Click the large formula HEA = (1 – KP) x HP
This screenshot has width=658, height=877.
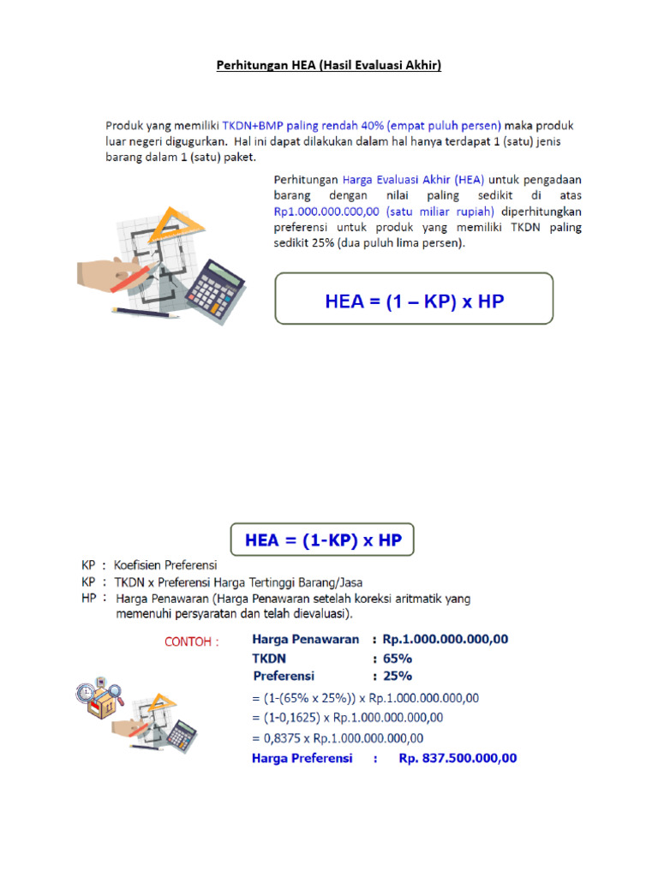click(414, 301)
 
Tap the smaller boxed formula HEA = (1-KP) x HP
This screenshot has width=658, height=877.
click(323, 540)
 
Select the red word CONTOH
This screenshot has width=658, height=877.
click(188, 641)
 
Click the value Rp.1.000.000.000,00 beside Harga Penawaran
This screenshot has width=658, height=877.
click(446, 639)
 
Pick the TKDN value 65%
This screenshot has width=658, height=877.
click(398, 659)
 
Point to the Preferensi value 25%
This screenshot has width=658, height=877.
click(398, 676)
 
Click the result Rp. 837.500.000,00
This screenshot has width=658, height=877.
click(458, 758)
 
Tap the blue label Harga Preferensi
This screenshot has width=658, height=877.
click(302, 758)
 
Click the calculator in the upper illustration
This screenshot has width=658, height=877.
click(215, 291)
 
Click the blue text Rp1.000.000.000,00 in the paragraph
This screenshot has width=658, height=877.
click(326, 212)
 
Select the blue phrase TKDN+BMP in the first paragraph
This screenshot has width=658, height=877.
click(253, 125)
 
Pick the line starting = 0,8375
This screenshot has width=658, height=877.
click(338, 738)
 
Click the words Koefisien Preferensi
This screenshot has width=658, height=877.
click(165, 565)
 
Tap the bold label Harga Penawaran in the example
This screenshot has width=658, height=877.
click(306, 639)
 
